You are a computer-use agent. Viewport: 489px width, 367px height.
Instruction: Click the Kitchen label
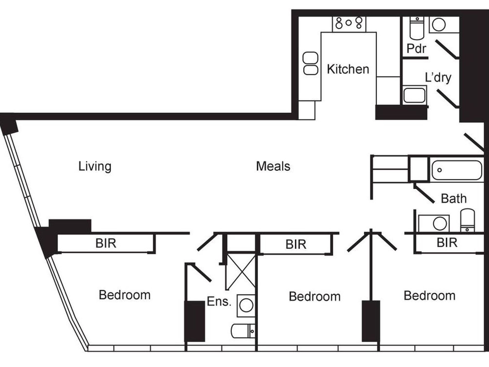pyautogui.click(x=348, y=69)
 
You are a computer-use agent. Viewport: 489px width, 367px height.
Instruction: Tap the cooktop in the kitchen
pyautogui.click(x=349, y=23)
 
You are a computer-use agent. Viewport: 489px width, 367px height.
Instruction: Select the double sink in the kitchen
pyautogui.click(x=311, y=63)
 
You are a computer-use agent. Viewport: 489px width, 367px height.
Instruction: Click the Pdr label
pyautogui.click(x=416, y=48)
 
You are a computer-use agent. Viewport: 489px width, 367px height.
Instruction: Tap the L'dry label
pyautogui.click(x=438, y=78)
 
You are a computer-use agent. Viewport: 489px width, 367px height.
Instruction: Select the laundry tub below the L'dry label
pyautogui.click(x=414, y=95)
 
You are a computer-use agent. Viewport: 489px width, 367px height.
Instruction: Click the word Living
pyautogui.click(x=95, y=166)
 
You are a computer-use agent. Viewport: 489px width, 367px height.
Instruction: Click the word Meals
pyautogui.click(x=273, y=166)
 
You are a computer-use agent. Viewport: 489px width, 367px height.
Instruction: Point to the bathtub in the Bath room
pyautogui.click(x=457, y=170)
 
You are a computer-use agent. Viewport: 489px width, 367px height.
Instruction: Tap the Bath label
pyautogui.click(x=453, y=199)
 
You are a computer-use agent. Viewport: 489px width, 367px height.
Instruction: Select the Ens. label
pyautogui.click(x=219, y=301)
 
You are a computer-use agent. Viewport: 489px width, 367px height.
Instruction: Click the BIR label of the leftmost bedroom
pyautogui.click(x=106, y=243)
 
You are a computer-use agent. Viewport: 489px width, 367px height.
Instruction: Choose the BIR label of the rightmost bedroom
pyautogui.click(x=447, y=243)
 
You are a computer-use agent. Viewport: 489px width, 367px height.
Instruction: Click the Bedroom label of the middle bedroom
pyautogui.click(x=315, y=297)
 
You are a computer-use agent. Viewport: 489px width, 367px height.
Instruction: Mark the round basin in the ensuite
pyautogui.click(x=246, y=305)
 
